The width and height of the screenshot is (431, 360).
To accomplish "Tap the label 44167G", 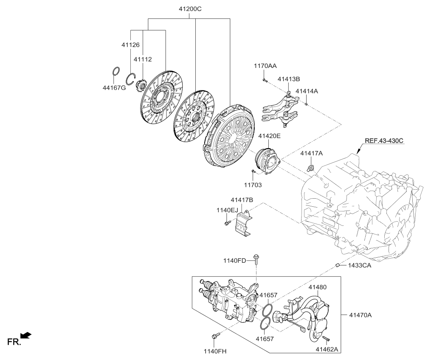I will [114, 88].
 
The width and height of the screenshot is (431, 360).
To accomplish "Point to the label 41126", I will [131, 45].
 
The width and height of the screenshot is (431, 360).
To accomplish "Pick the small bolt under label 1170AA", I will [264, 78].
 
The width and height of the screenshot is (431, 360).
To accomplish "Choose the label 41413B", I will [289, 79].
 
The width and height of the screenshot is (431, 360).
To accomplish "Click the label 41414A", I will [307, 91].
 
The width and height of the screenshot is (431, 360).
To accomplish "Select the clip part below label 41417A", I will [311, 168].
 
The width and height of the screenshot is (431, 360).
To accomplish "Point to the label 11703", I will [253, 185].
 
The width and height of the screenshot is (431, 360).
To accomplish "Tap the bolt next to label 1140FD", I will [256, 259].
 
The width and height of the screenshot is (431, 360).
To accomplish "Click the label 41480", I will [318, 287].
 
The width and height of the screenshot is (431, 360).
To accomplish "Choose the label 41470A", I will [361, 315].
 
